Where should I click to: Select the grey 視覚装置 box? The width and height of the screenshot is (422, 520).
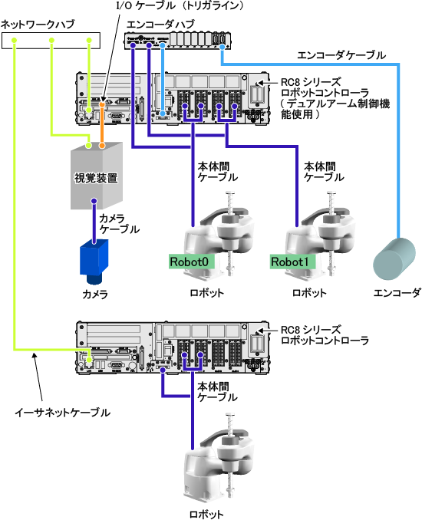click(97, 176)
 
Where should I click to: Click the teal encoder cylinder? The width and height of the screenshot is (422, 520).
click(394, 258)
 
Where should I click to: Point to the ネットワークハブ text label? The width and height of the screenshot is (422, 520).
click(38, 25)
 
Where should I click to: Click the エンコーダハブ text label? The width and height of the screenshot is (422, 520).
click(160, 25)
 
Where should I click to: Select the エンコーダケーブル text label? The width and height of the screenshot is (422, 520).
click(341, 55)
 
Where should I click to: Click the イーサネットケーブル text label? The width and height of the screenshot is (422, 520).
click(62, 413)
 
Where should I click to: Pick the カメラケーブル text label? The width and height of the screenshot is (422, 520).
click(119, 223)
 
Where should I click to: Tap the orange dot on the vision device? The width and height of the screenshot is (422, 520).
click(102, 145)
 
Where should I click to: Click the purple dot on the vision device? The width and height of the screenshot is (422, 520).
click(94, 201)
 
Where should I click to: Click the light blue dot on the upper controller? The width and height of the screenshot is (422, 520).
click(163, 114)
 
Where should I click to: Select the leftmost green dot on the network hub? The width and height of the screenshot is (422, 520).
click(14, 41)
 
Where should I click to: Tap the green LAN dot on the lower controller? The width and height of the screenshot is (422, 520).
click(89, 360)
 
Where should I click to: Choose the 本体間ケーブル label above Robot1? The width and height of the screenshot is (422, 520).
click(324, 172)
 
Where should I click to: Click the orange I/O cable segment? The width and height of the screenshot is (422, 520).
click(102, 125)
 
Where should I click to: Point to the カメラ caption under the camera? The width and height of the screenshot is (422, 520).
click(95, 294)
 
